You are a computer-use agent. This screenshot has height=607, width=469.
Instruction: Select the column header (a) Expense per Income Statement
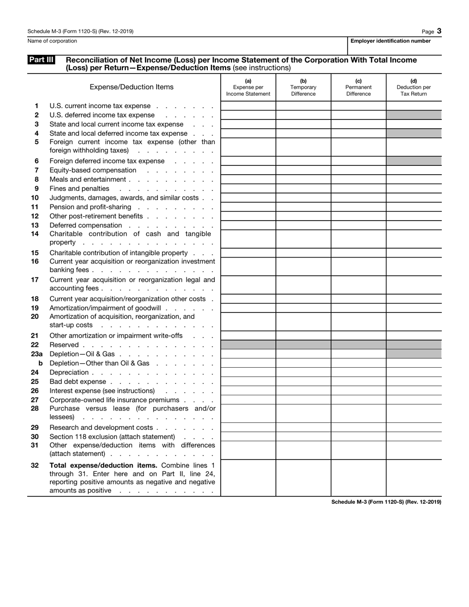pos(248,87)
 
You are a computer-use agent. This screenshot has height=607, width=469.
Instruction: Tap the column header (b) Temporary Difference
pos(303,87)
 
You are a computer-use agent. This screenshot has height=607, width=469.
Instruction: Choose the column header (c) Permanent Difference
pos(358,87)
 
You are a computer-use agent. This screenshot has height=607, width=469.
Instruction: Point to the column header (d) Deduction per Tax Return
pos(414,87)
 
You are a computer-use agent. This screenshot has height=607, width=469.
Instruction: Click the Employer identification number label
pos(390,41)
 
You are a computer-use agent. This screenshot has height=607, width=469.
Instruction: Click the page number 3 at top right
pos(439,31)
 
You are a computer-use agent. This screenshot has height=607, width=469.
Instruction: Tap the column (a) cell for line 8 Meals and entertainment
pos(248,180)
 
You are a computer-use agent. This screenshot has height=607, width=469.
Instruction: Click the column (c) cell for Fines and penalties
pos(358,189)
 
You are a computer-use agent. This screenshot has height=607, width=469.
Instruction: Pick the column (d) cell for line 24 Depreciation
pos(414,373)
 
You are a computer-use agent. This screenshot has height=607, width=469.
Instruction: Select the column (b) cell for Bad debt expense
pos(303,381)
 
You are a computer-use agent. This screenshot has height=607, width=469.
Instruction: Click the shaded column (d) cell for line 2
pos(414,115)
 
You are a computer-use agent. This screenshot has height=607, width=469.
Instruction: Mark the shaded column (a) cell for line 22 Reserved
pos(248,345)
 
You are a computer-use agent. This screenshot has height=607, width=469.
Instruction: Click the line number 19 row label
pos(35,308)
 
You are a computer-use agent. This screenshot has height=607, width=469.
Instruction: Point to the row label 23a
pos(37,354)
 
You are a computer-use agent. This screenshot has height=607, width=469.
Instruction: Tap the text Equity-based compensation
pos(93,170)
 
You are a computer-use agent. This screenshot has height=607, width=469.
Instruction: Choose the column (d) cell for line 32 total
pos(414,478)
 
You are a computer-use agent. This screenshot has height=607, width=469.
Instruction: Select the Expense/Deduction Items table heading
pos(131,87)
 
